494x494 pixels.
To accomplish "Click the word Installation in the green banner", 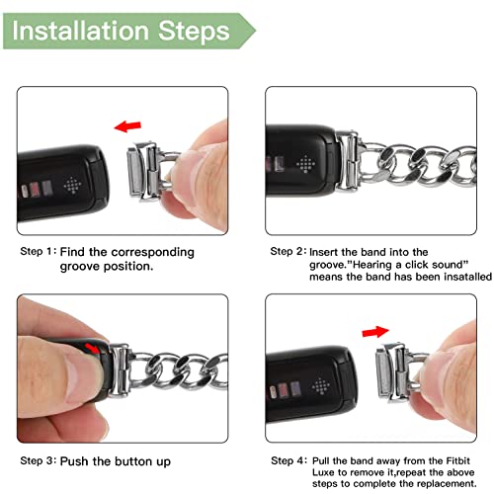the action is [81, 31].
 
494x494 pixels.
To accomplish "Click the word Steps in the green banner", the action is [194, 32].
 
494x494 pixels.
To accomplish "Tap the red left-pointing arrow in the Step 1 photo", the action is [127, 126].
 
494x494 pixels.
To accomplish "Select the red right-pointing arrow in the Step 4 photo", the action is [375, 332].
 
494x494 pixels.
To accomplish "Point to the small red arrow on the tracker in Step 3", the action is [92, 349].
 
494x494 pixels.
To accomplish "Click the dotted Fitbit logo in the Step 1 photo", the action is [72, 186].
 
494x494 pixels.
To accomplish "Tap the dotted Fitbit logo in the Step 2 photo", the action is [305, 164].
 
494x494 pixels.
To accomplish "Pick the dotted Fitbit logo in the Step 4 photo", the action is [321, 385].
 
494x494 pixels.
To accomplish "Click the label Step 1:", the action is [39, 251].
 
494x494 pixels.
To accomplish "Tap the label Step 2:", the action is [288, 251].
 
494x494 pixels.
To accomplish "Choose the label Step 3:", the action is [39, 460].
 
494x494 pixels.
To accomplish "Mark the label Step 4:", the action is [288, 460].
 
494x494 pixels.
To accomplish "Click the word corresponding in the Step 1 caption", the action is [152, 253].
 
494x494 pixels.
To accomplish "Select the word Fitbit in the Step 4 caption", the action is [457, 460].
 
